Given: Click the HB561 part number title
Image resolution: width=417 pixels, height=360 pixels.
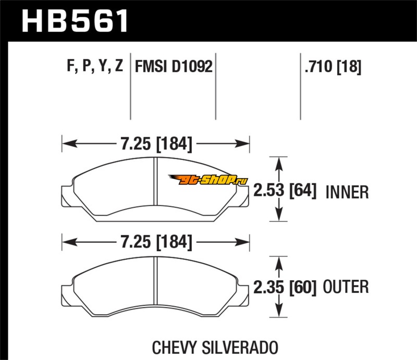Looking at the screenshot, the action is (75, 21).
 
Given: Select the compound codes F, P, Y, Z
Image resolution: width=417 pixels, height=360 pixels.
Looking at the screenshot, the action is (95, 66).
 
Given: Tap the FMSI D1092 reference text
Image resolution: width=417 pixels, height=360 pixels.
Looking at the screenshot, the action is (174, 66).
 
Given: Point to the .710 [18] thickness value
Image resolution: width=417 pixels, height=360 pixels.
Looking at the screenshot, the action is (333, 67).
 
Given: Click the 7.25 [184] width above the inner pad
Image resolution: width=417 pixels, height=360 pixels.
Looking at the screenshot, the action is (156, 144).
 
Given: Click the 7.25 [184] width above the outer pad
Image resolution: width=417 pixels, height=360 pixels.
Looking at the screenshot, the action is (156, 242).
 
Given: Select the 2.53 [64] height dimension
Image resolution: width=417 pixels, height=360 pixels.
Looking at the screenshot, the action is (285, 190).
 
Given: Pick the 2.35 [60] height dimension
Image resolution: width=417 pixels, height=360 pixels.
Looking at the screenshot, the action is (285, 287).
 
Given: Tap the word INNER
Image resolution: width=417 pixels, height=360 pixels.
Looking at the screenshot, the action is (347, 192).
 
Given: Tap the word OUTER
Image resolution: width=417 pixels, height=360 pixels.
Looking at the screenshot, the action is (346, 287).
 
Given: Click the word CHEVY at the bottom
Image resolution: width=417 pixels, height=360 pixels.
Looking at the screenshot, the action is (174, 347).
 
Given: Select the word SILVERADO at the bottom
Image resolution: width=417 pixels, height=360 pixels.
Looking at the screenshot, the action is (240, 347).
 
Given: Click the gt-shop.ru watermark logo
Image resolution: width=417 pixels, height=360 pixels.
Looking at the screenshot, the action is (208, 179).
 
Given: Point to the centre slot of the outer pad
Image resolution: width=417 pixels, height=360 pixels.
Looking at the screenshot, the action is (155, 281).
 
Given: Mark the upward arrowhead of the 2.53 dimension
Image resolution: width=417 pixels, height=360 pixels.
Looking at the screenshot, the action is (279, 164).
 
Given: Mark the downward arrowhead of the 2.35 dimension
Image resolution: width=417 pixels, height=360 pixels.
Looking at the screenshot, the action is (279, 311).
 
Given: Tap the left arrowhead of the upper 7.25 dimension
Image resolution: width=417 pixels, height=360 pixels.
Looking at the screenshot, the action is (70, 144).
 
